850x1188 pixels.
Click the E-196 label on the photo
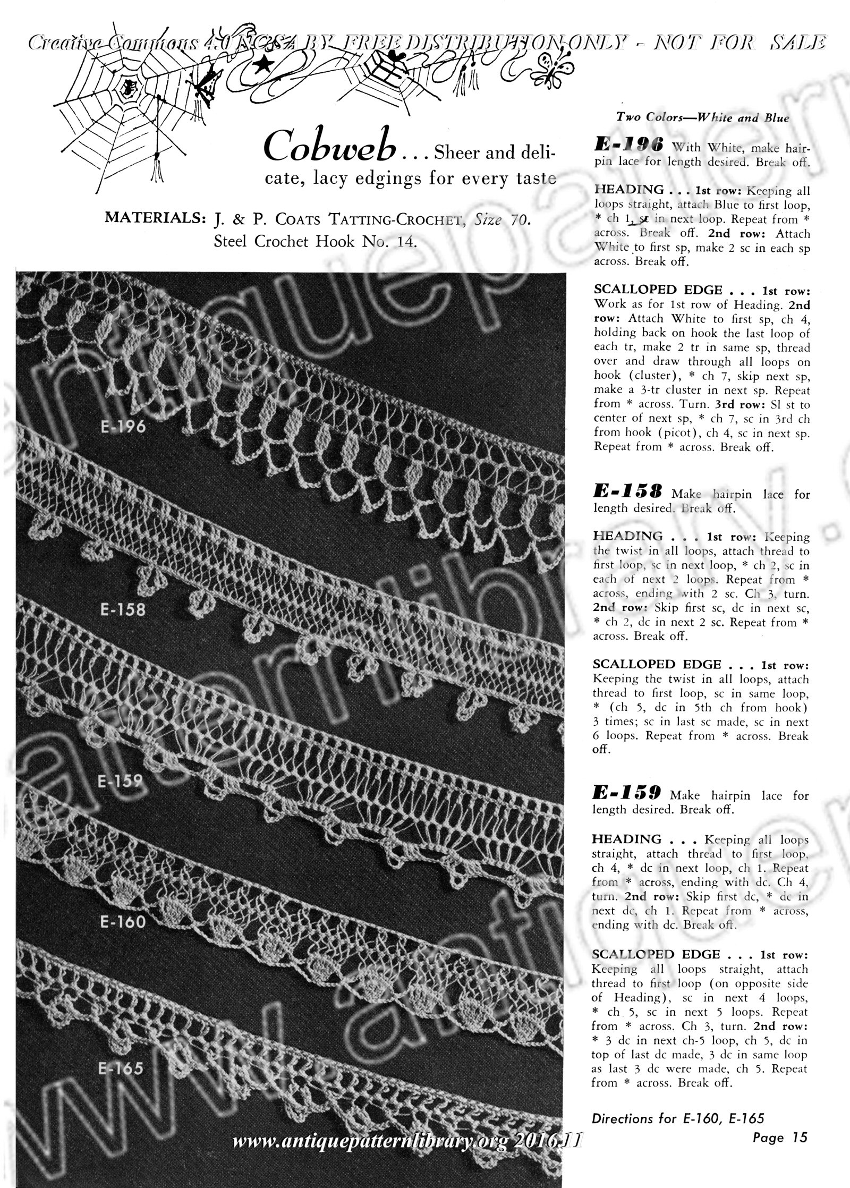coord(122,428)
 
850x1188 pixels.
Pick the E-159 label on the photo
coord(121,780)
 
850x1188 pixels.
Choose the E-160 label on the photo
coord(122,922)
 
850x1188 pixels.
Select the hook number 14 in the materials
coord(405,242)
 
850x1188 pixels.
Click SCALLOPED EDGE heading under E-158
coord(657,665)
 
